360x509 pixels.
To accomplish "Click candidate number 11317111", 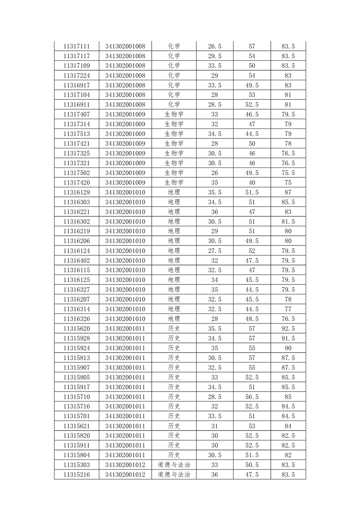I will coord(77,46).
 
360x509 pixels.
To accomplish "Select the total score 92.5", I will coord(288,328).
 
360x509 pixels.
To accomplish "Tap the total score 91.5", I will coord(288,338).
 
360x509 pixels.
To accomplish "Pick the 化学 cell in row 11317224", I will coord(174,75).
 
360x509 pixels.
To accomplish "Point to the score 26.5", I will coord(214,46).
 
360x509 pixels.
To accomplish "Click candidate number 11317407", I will coord(77,114).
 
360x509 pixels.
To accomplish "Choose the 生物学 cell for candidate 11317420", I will coord(174,182).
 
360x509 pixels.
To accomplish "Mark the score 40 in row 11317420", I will coord(252,182).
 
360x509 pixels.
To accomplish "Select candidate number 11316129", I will coord(77,192).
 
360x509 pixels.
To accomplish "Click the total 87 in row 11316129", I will coord(288,192).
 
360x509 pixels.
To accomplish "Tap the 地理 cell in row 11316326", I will coord(174,319).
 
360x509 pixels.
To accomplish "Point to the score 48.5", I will coord(252,319).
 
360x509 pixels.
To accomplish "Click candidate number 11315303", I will coord(77,465).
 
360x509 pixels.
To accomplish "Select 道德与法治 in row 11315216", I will coord(174,475).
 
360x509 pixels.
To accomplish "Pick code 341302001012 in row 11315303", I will coord(125,465).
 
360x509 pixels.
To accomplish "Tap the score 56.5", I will coord(252,397).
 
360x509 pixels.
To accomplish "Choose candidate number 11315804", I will coord(77,455).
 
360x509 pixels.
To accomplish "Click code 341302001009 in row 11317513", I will coord(125,134).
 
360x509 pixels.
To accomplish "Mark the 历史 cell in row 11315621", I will coord(174,426).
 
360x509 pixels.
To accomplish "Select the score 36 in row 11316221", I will coord(214,212).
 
